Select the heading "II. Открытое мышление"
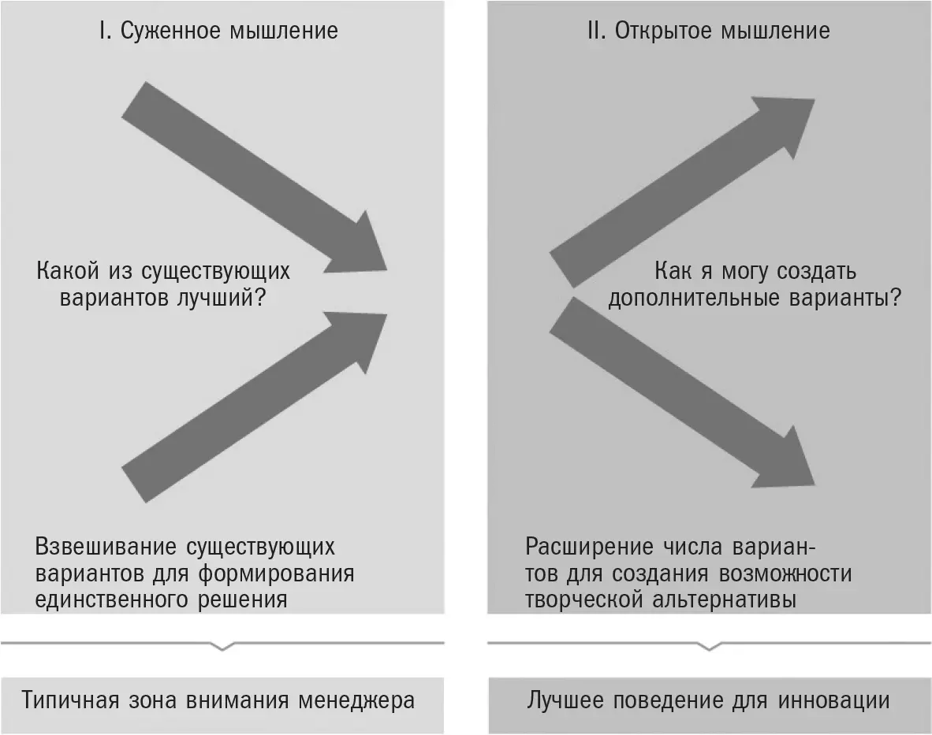(709, 31)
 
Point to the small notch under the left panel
(222, 646)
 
